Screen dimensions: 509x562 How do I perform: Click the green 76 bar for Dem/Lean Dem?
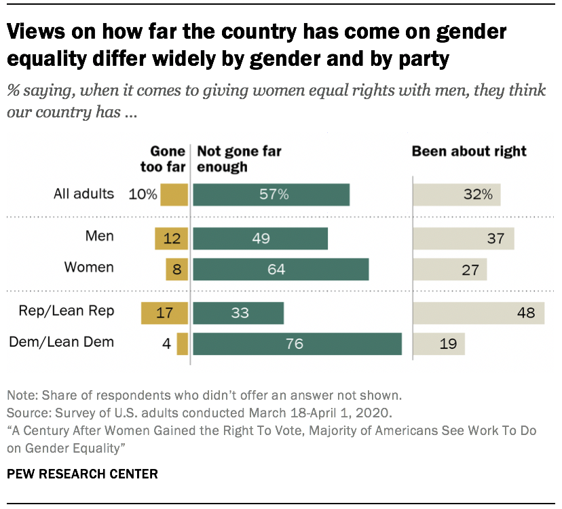[297, 344]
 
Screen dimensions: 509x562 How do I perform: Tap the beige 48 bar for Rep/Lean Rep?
[479, 313]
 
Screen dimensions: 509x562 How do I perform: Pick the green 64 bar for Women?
[280, 269]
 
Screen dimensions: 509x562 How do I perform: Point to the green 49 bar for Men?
[260, 238]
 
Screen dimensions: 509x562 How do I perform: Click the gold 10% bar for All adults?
[173, 194]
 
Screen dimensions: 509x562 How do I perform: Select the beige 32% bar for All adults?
[456, 194]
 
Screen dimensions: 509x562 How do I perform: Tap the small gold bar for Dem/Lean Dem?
[182, 344]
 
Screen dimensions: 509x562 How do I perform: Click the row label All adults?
[84, 194]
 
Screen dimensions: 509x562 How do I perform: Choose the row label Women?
[89, 267]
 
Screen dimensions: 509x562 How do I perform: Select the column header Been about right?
[469, 151]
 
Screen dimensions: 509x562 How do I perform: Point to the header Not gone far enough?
[238, 159]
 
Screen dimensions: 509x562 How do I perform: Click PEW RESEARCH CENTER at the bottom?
[82, 474]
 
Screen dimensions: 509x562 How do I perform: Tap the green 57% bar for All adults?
[271, 194]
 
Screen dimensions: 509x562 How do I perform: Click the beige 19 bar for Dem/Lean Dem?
[438, 344]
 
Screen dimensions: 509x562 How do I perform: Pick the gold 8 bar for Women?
[176, 269]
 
